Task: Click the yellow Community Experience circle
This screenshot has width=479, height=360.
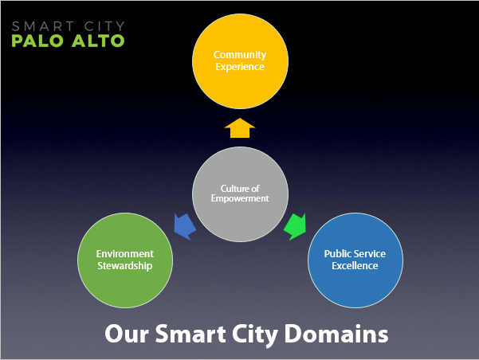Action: (240, 61)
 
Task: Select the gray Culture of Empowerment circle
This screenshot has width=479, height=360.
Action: (240, 194)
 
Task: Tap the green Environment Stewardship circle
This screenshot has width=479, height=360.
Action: (125, 260)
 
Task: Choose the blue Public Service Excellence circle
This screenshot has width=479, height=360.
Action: (355, 260)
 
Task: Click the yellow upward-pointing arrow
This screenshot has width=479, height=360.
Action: (240, 128)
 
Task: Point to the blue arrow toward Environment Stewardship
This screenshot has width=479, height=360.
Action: (184, 226)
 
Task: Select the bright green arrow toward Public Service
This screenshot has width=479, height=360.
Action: (296, 226)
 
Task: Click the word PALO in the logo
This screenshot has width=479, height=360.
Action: (37, 41)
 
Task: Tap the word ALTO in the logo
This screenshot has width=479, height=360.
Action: (98, 41)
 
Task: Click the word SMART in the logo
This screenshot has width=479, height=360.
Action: (43, 26)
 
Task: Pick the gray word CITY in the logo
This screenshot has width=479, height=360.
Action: (104, 26)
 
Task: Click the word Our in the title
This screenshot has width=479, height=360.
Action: (127, 334)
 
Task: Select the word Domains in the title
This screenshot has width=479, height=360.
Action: (336, 334)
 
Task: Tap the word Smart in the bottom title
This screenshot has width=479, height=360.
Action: (190, 334)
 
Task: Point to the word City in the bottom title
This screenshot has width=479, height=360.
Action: (255, 335)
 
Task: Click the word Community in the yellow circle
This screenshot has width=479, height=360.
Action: (240, 55)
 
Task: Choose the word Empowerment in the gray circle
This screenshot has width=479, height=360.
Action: (240, 198)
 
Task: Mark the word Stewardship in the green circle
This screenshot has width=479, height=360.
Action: (125, 266)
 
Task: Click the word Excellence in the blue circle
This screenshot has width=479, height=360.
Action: (355, 266)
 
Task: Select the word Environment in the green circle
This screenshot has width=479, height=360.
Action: (125, 254)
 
